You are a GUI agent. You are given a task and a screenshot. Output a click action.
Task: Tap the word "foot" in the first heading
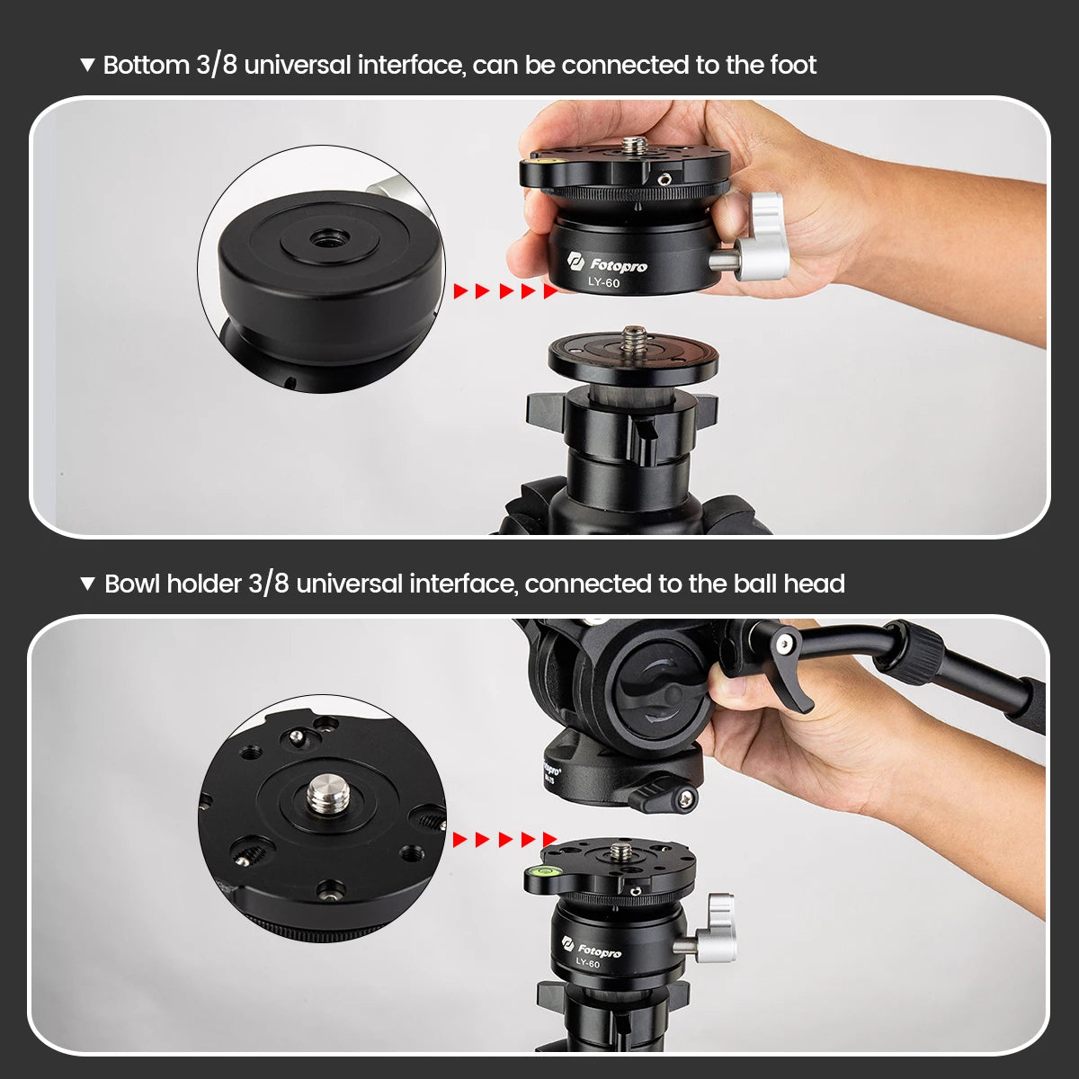(793, 65)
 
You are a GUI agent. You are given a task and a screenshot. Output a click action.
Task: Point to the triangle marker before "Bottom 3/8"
(87, 65)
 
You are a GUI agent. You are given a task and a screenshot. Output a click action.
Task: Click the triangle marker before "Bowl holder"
(87, 584)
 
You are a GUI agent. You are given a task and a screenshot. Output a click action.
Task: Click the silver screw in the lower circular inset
(323, 794)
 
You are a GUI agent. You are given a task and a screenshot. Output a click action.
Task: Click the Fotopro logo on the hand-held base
(608, 263)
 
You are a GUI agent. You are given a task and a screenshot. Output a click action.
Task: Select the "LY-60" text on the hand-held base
(603, 283)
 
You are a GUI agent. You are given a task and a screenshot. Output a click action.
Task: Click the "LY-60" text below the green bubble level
(587, 964)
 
